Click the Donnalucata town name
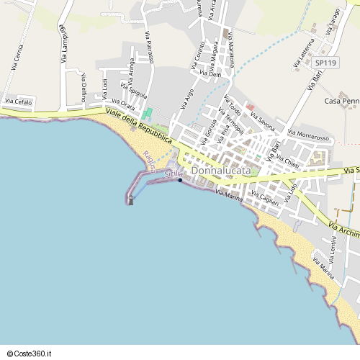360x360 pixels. [221, 171]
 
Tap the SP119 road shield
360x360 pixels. [325, 63]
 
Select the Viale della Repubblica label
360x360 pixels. [137, 125]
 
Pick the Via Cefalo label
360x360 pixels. [19, 102]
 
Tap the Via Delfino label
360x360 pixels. [84, 87]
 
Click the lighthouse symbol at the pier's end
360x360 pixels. [130, 200]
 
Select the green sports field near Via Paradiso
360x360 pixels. [148, 114]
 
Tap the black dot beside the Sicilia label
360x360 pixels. [180, 180]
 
